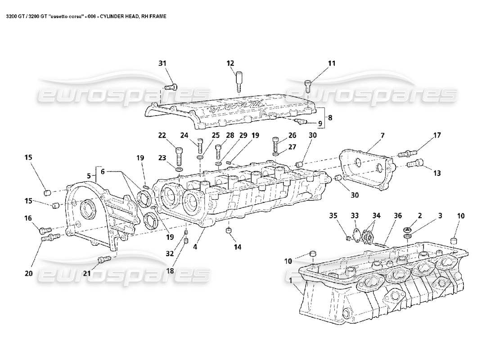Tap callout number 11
(331, 63)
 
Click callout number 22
(162, 135)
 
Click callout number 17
(436, 135)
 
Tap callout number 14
(237, 247)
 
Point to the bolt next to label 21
(104, 259)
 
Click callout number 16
(28, 218)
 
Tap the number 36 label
(397, 216)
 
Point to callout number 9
(320, 123)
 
